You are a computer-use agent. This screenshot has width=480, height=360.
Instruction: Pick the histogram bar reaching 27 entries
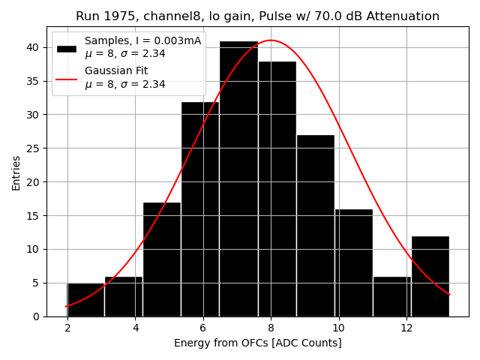click(315, 226)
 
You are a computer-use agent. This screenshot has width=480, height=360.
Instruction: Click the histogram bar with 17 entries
click(162, 259)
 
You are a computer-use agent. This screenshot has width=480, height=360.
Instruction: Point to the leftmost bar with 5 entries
click(85, 300)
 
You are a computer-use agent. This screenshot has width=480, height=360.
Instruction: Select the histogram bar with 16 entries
click(353, 262)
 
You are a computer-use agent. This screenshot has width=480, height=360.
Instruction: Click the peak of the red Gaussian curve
click(271, 40)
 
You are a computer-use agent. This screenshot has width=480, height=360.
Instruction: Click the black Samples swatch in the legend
click(67, 48)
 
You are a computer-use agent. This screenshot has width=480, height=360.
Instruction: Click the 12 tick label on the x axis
click(406, 328)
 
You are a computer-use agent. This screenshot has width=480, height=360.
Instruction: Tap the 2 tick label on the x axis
click(67, 328)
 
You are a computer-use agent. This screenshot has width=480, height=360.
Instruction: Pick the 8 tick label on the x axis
click(271, 328)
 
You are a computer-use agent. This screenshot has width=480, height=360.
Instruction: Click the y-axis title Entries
click(16, 172)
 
